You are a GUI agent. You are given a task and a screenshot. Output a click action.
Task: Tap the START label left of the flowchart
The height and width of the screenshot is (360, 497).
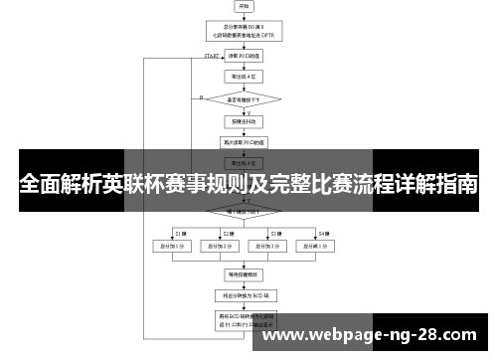click(211, 56)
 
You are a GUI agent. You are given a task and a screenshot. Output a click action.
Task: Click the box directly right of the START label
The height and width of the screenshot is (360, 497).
click(245, 57)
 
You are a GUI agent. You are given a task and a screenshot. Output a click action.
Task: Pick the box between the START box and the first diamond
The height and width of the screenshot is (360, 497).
click(245, 76)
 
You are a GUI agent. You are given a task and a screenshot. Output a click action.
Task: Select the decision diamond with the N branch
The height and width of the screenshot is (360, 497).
click(245, 98)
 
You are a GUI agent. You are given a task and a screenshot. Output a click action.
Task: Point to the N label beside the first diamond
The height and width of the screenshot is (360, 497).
click(202, 96)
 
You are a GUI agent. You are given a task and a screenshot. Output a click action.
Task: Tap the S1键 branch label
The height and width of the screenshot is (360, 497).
click(180, 233)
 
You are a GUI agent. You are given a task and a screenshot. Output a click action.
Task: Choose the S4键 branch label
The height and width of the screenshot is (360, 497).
click(323, 233)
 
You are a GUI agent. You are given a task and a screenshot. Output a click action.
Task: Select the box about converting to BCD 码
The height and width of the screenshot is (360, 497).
click(245, 295)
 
